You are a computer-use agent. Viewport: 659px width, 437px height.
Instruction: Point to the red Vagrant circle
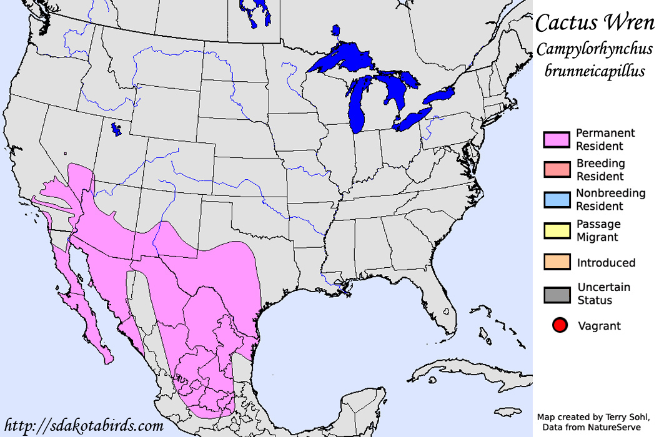click(x=560, y=325)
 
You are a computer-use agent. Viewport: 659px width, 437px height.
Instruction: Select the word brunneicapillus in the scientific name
click(x=594, y=71)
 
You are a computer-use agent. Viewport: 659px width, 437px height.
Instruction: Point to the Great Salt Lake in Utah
click(x=116, y=129)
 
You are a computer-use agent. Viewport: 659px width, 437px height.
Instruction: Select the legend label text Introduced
click(x=606, y=263)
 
